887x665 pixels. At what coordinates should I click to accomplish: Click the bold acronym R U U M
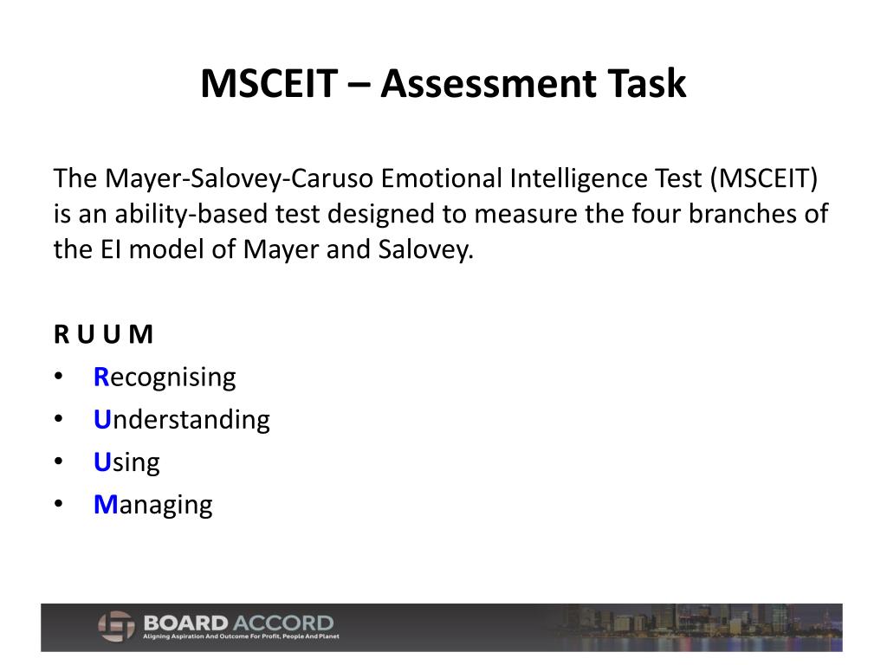tap(103, 335)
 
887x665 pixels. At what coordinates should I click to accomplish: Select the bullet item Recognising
tap(165, 378)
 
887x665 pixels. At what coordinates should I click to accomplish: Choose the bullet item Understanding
tap(182, 420)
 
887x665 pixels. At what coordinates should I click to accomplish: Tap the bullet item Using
tap(126, 462)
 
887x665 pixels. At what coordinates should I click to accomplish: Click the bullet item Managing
tap(152, 505)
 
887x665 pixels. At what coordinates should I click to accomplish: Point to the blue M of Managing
tap(105, 505)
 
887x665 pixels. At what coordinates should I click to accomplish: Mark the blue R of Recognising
tap(100, 378)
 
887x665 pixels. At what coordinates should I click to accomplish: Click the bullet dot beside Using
tap(58, 462)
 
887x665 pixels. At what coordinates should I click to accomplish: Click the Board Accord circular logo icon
tap(115, 626)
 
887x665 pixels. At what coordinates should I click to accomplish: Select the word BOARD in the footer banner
tap(186, 623)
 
